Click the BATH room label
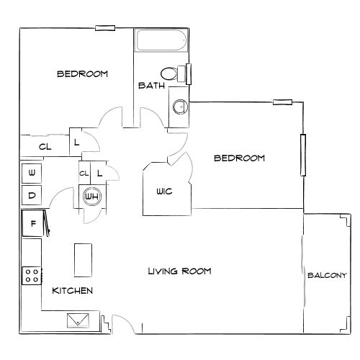(151, 86)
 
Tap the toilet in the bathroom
(171, 73)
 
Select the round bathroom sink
(180, 107)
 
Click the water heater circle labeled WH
(91, 196)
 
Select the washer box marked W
(32, 173)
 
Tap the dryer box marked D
(32, 194)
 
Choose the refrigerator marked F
(32, 223)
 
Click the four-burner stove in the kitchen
(32, 274)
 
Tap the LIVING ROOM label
(179, 271)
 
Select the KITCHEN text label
(72, 291)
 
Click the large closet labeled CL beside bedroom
(45, 146)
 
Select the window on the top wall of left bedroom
(105, 28)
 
